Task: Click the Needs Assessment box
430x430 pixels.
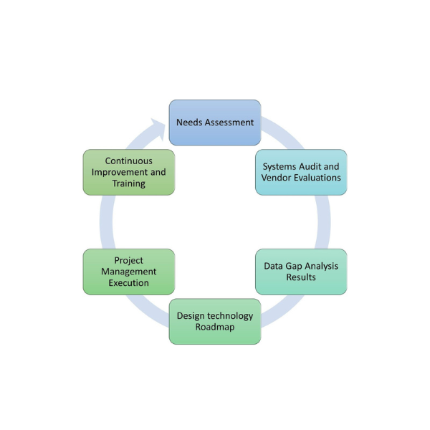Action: [215, 123]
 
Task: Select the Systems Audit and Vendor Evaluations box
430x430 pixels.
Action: [301, 172]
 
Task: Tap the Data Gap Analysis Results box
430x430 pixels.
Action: [301, 272]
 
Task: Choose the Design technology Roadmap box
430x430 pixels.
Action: [215, 321]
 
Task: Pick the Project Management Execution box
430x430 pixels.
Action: [129, 272]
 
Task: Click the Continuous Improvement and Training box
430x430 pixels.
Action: [129, 172]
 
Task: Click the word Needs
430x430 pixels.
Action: [190, 123]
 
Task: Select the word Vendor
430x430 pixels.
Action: [276, 178]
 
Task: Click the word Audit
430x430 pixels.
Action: [311, 167]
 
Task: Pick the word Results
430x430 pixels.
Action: [301, 277]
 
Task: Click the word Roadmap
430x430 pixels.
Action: [215, 327]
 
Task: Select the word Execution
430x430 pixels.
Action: [129, 283]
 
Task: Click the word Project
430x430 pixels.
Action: [129, 260]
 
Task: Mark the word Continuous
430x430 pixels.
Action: [129, 161]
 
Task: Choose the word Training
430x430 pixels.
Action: [129, 183]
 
